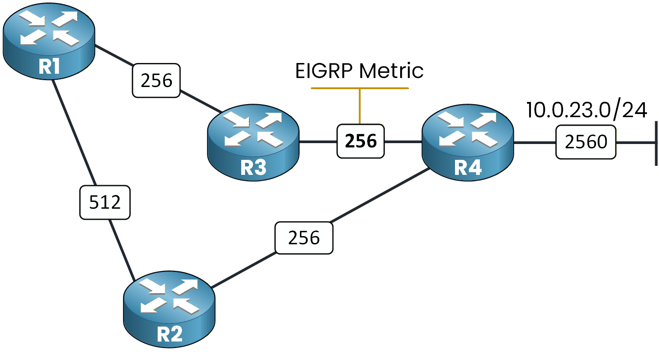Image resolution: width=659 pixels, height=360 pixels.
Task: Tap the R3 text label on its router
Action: [253, 168]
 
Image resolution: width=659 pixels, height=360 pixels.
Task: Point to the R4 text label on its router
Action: [468, 168]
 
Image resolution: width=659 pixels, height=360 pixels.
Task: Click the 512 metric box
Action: [105, 202]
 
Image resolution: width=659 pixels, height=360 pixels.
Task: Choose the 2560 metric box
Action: [586, 142]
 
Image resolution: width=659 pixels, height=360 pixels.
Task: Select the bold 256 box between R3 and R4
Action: [360, 141]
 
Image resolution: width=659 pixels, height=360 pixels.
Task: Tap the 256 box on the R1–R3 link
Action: [156, 81]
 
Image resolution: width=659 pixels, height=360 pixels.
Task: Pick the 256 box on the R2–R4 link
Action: [304, 238]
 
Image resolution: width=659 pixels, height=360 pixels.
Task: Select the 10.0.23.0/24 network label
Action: [586, 110]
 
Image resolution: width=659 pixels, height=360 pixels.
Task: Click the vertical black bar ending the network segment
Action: [656, 143]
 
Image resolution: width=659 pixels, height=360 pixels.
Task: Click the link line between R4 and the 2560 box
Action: [534, 142]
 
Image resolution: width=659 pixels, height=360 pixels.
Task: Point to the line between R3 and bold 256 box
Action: [318, 141]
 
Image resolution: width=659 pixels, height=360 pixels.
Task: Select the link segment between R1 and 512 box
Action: [74, 133]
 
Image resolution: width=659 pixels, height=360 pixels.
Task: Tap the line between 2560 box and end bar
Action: [635, 142]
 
